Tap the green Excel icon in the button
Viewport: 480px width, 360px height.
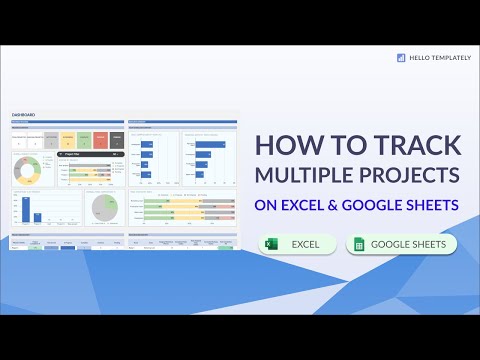[x=271, y=244]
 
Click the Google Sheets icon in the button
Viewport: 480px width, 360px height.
[x=358, y=244]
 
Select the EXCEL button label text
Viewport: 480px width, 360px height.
[x=305, y=244]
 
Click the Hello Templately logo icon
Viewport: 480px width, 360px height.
[x=401, y=58]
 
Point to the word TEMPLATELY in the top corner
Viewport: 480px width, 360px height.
[x=447, y=58]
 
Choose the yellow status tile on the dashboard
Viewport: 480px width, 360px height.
[x=68, y=140]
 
